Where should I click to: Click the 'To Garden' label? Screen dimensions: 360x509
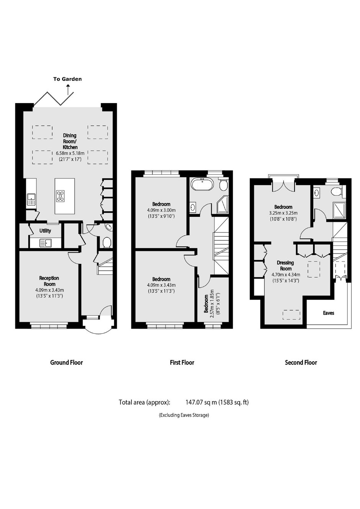coord(67,79)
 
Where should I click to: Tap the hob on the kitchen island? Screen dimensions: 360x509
coord(61,196)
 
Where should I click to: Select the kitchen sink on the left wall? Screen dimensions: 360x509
coord(31,199)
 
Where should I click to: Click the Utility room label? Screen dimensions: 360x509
coord(45,231)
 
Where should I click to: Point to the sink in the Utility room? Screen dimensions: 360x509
coord(46,243)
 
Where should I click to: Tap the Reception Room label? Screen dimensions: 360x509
coord(49,281)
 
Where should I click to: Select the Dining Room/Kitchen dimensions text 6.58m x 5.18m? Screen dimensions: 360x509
coord(70,153)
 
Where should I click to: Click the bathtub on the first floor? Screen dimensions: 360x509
coord(202,183)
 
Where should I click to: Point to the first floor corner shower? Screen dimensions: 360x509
coord(223,205)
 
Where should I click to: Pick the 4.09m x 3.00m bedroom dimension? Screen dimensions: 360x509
coord(161,210)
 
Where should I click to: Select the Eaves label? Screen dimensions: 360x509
coord(329,313)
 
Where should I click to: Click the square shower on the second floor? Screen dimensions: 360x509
coord(339,209)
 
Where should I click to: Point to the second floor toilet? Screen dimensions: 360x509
coord(336,191)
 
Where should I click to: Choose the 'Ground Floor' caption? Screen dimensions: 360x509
coord(66,362)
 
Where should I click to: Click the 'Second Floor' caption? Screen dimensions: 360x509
coord(301,362)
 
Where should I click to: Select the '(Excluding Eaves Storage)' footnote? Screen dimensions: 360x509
coord(184,415)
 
